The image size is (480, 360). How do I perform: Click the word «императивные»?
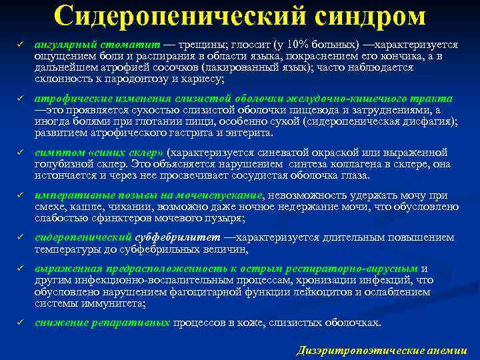pyautogui.click(x=69, y=195)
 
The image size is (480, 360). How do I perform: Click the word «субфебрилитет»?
pyautogui.click(x=177, y=237)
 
